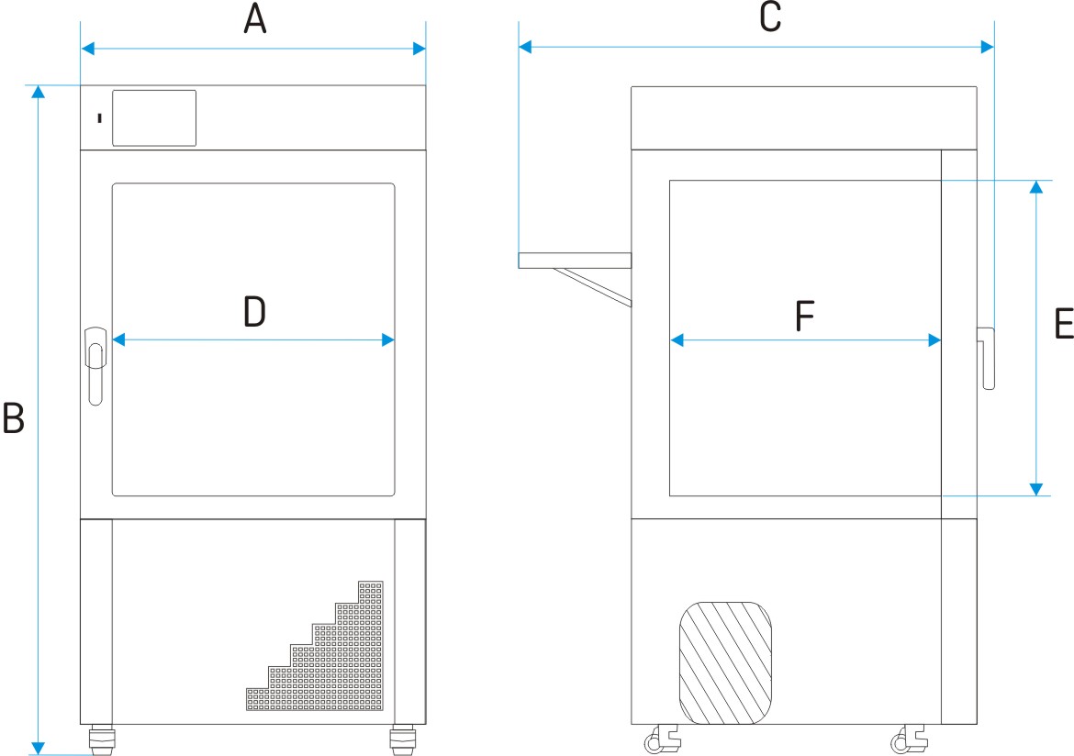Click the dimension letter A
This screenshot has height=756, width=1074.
pos(254,19)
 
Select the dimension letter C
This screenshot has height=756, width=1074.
pos(769,17)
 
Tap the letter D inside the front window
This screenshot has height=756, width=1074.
pos(254,312)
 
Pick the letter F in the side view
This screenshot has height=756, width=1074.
pos(804,317)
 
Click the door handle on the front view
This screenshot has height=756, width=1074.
pos(95,365)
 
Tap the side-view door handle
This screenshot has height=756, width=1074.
pos(986,357)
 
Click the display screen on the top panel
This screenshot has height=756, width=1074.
pos(154,117)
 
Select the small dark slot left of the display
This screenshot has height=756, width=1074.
pos(99,117)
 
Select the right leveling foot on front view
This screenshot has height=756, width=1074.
pos(403,739)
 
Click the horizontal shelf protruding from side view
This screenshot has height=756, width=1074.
pos(575,261)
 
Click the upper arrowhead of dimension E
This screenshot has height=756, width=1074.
pos(1036,186)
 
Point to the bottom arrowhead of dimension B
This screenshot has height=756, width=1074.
pos(39,748)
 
